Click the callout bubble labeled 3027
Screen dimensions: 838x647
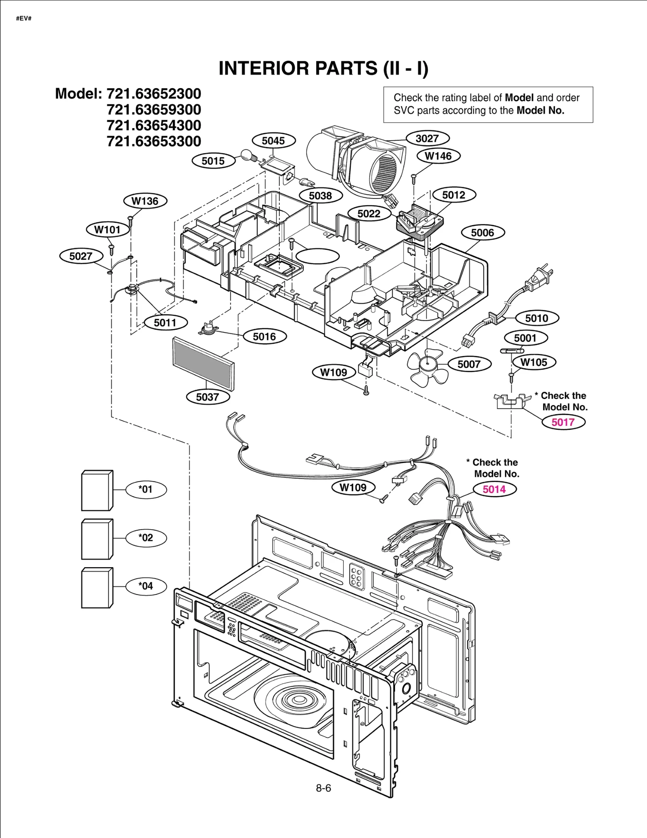point(427,138)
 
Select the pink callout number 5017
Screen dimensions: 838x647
point(563,422)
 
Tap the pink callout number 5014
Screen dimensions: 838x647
point(494,489)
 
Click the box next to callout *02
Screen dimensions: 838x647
point(97,539)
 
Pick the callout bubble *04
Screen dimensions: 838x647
point(146,586)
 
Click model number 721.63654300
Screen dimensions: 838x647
point(154,125)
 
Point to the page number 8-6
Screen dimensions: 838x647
point(323,788)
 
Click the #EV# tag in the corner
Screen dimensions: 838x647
point(24,19)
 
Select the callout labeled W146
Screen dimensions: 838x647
point(438,156)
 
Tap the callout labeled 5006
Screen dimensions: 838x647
point(482,232)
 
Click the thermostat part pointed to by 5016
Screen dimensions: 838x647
point(209,327)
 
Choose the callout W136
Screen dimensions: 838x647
point(145,201)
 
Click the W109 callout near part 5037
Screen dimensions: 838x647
point(334,372)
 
